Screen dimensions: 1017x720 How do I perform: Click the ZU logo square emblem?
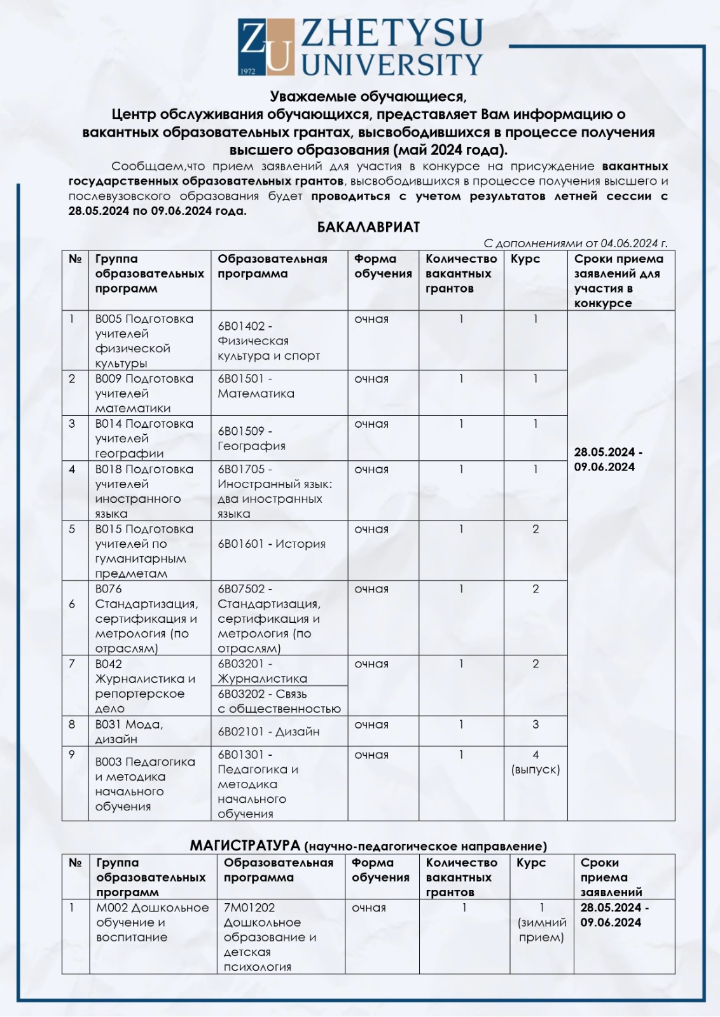click(266, 46)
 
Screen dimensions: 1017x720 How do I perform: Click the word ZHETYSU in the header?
click(392, 33)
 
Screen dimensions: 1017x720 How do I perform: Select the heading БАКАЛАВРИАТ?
click(368, 227)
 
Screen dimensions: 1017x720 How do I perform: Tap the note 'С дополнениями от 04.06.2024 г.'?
click(575, 243)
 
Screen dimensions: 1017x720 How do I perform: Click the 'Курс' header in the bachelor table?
click(525, 259)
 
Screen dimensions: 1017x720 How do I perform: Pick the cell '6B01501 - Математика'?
click(256, 386)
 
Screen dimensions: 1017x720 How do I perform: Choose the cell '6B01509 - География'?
click(251, 439)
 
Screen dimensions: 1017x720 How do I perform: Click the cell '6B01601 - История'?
click(272, 544)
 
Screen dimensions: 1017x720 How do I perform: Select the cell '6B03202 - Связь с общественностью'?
click(279, 701)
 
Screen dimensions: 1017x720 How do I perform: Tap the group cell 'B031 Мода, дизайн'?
click(129, 732)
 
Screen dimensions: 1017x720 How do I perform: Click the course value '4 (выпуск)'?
click(536, 762)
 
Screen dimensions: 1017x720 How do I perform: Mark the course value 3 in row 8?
click(536, 725)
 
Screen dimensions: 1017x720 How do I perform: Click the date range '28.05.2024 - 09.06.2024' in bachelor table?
click(607, 460)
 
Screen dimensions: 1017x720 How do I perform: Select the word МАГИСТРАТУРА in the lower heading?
click(245, 845)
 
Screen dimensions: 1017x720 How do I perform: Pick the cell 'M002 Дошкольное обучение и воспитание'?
click(153, 922)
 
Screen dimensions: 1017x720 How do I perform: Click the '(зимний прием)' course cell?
click(541, 930)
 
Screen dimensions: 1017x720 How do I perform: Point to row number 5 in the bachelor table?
click(72, 529)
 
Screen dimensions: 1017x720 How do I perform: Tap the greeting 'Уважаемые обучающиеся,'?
click(368, 97)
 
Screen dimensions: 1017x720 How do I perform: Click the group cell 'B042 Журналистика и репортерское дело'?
click(145, 686)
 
